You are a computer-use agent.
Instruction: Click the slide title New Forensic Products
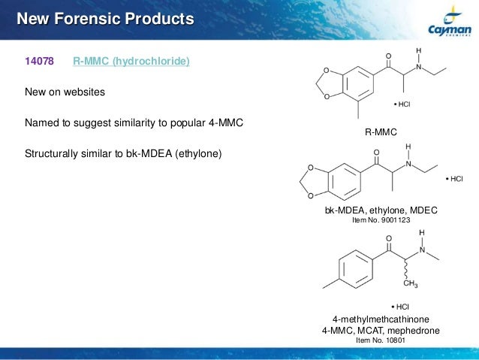pos(105,17)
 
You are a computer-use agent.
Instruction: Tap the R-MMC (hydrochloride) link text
pos(131,61)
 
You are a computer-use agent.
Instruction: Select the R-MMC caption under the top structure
pos(380,132)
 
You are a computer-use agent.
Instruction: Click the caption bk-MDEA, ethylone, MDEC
pos(381,212)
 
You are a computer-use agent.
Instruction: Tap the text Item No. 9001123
pos(381,221)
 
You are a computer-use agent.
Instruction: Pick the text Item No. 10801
pos(381,340)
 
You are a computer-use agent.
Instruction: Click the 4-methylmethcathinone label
pos(381,319)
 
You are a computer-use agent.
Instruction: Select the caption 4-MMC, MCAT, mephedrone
pos(381,330)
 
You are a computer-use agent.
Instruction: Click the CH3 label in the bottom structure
pos(410,283)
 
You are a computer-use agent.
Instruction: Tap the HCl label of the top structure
pos(402,104)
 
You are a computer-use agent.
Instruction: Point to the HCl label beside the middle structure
pos(454,179)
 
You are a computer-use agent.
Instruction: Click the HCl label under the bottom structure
pos(400,307)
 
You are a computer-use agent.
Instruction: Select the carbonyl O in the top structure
pos(388,56)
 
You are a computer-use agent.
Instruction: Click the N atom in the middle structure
pos(408,163)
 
